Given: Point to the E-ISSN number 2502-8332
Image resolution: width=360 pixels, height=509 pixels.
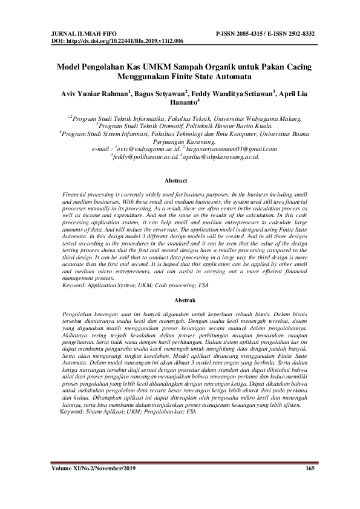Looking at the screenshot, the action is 296,34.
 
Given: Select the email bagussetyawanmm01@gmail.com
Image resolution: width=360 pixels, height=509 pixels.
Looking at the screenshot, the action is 222,148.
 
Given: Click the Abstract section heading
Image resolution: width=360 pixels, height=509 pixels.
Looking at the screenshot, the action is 180,180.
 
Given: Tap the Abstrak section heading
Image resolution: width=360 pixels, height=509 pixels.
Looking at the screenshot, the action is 180,300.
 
